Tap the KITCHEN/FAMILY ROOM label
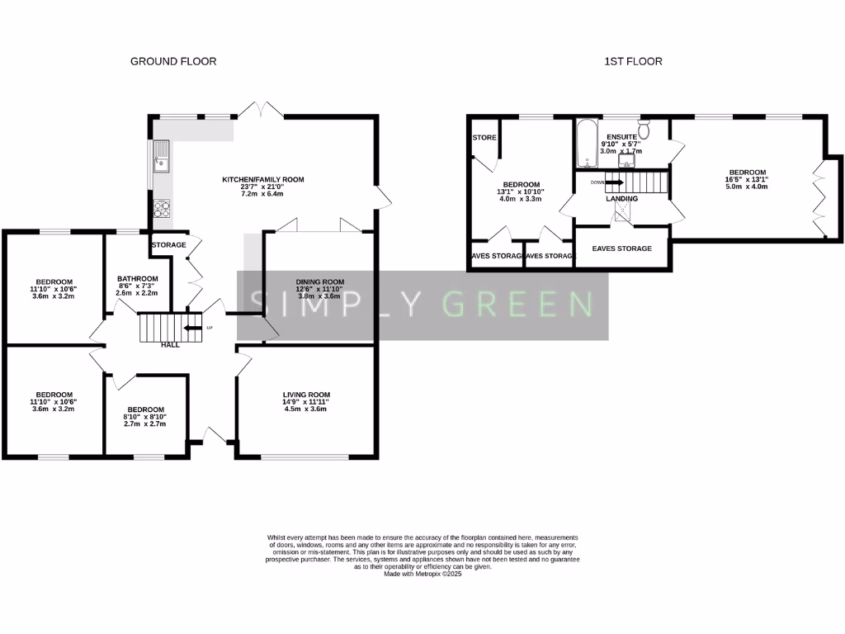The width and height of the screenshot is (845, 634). tap(263, 179)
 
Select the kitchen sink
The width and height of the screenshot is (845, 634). tap(161, 157)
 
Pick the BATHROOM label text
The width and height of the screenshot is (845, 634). tap(137, 279)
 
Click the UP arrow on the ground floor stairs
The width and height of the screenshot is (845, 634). tap(193, 328)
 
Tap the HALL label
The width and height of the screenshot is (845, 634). tap(170, 344)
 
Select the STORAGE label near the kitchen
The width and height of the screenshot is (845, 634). tap(168, 245)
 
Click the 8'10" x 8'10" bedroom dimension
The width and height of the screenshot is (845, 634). tap(145, 417)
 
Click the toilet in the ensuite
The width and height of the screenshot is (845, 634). tap(645, 130)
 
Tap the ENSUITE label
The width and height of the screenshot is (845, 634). tap(621, 136)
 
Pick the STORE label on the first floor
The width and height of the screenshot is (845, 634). tap(484, 138)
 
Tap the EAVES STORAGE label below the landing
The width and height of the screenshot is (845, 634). tap(621, 248)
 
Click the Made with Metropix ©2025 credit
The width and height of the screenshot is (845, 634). tap(422, 574)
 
